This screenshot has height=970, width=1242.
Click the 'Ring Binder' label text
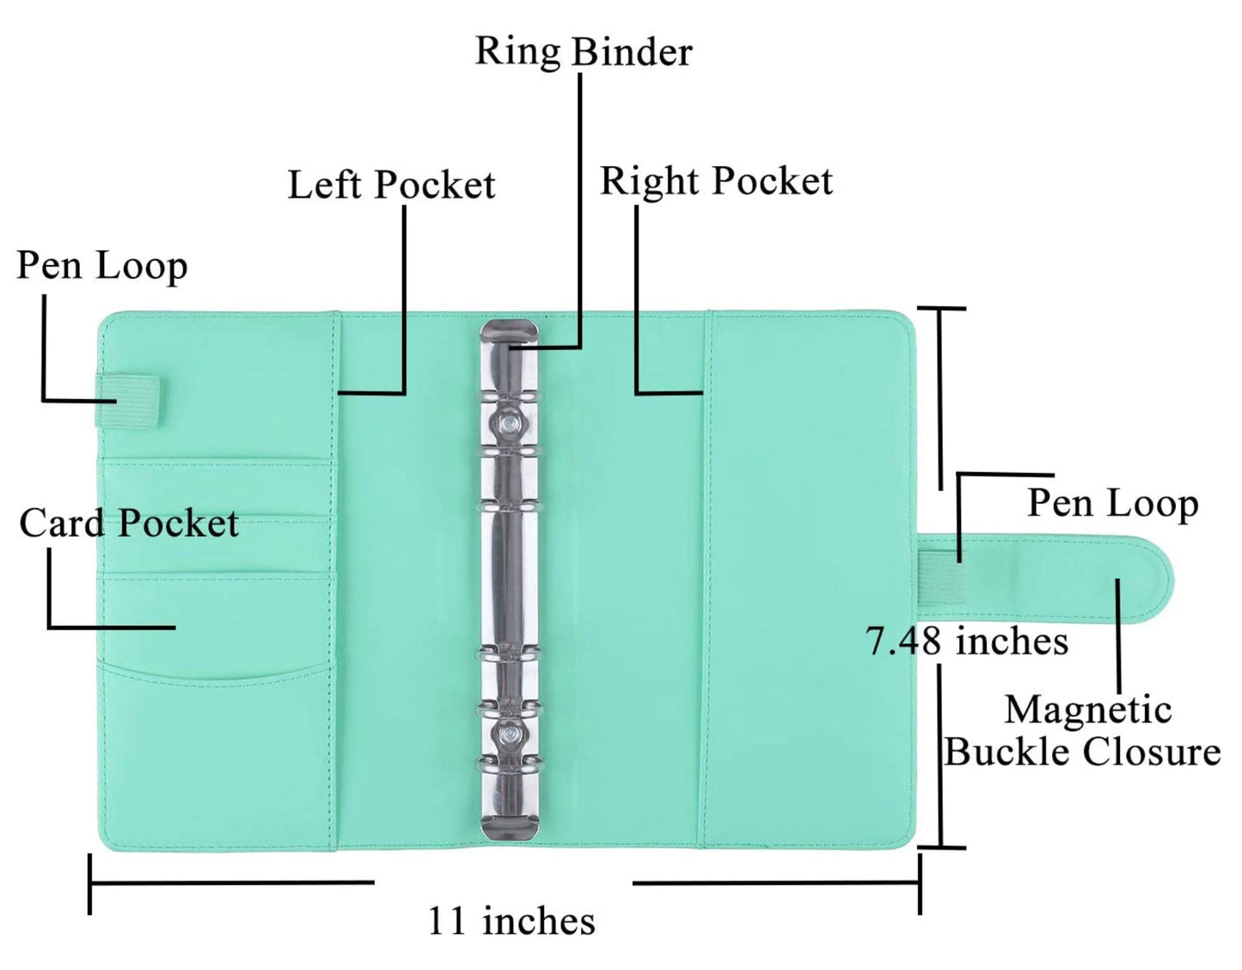coord(584,52)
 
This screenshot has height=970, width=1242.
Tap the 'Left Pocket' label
coord(391,185)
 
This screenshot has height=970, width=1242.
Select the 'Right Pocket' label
coord(716,181)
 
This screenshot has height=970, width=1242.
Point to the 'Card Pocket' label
coord(129,523)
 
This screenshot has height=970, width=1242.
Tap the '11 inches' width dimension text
coord(511,921)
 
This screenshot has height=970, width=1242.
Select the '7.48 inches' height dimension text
coord(967,642)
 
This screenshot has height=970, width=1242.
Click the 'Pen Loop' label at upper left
coord(102,266)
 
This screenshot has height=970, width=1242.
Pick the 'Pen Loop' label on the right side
coord(1112,503)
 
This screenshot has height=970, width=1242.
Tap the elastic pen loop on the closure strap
coord(939,576)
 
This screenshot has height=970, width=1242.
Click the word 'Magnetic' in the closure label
coord(1088,710)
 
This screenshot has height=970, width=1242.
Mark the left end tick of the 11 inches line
coord(90,883)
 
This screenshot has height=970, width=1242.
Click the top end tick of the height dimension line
coord(940,308)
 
